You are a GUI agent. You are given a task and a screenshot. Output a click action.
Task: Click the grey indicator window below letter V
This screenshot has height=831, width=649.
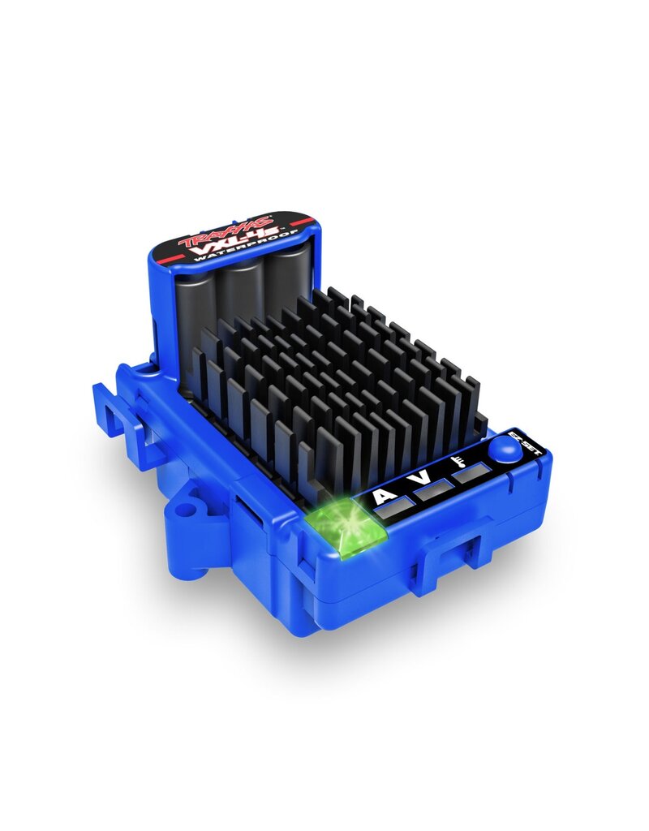point(434,490)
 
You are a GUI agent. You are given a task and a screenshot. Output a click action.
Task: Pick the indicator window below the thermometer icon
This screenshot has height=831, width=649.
point(471,474)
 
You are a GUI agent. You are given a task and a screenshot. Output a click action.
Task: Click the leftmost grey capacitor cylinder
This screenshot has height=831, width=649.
point(195,312)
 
